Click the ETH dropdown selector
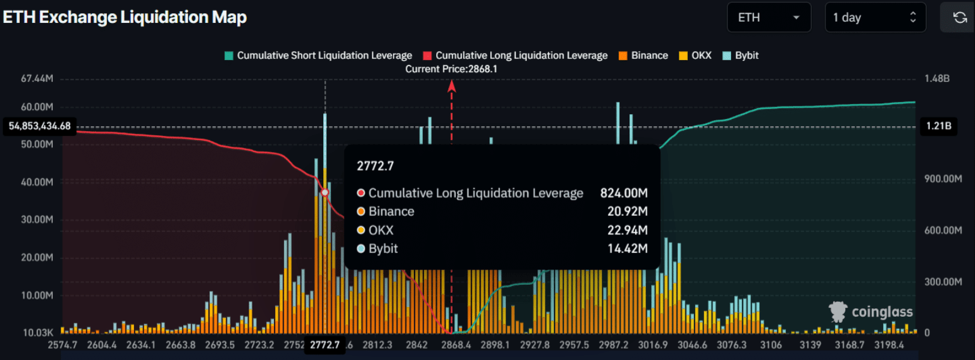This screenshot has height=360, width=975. click(768, 17)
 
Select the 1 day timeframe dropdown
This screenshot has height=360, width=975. click(875, 17)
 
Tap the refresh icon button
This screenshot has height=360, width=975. click(959, 17)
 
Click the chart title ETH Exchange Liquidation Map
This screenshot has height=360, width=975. click(125, 17)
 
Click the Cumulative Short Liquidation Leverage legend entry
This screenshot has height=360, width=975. click(318, 55)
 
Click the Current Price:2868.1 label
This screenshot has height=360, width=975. click(451, 69)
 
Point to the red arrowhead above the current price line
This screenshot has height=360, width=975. click(452, 87)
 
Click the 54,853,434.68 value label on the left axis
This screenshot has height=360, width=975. click(40, 126)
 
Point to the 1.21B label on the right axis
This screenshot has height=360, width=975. click(938, 126)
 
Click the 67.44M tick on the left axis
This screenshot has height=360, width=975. click(37, 79)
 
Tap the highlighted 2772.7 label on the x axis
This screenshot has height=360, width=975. click(324, 345)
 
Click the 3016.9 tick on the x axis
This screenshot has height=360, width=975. click(652, 345)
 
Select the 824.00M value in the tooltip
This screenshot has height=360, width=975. click(624, 193)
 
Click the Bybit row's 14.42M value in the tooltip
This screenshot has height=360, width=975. click(627, 249)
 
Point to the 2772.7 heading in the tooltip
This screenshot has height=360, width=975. click(375, 166)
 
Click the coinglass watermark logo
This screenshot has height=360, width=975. click(870, 311)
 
